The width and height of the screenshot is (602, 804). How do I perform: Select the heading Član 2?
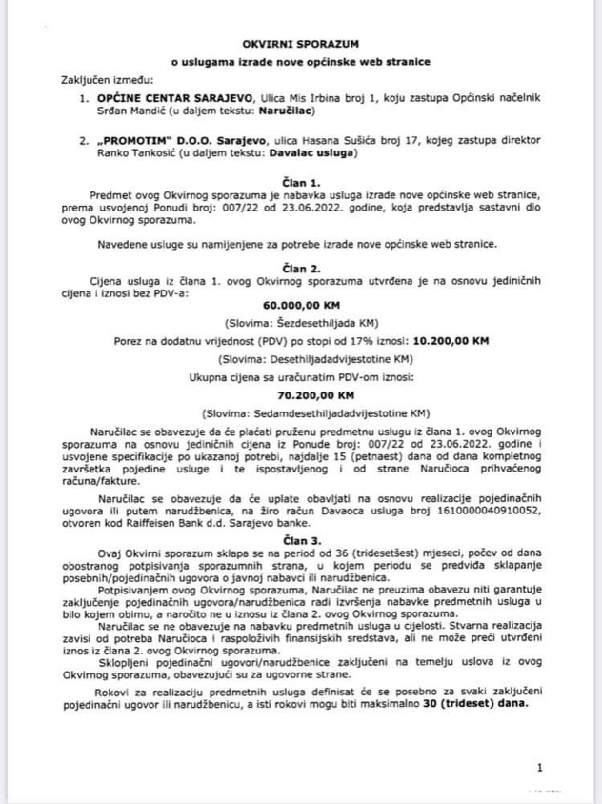(x=300, y=270)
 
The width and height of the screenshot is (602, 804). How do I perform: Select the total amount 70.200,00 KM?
(x=300, y=394)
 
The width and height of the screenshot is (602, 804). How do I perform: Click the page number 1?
(x=540, y=766)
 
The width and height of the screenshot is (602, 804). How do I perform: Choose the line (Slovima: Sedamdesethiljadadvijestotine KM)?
(x=300, y=412)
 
